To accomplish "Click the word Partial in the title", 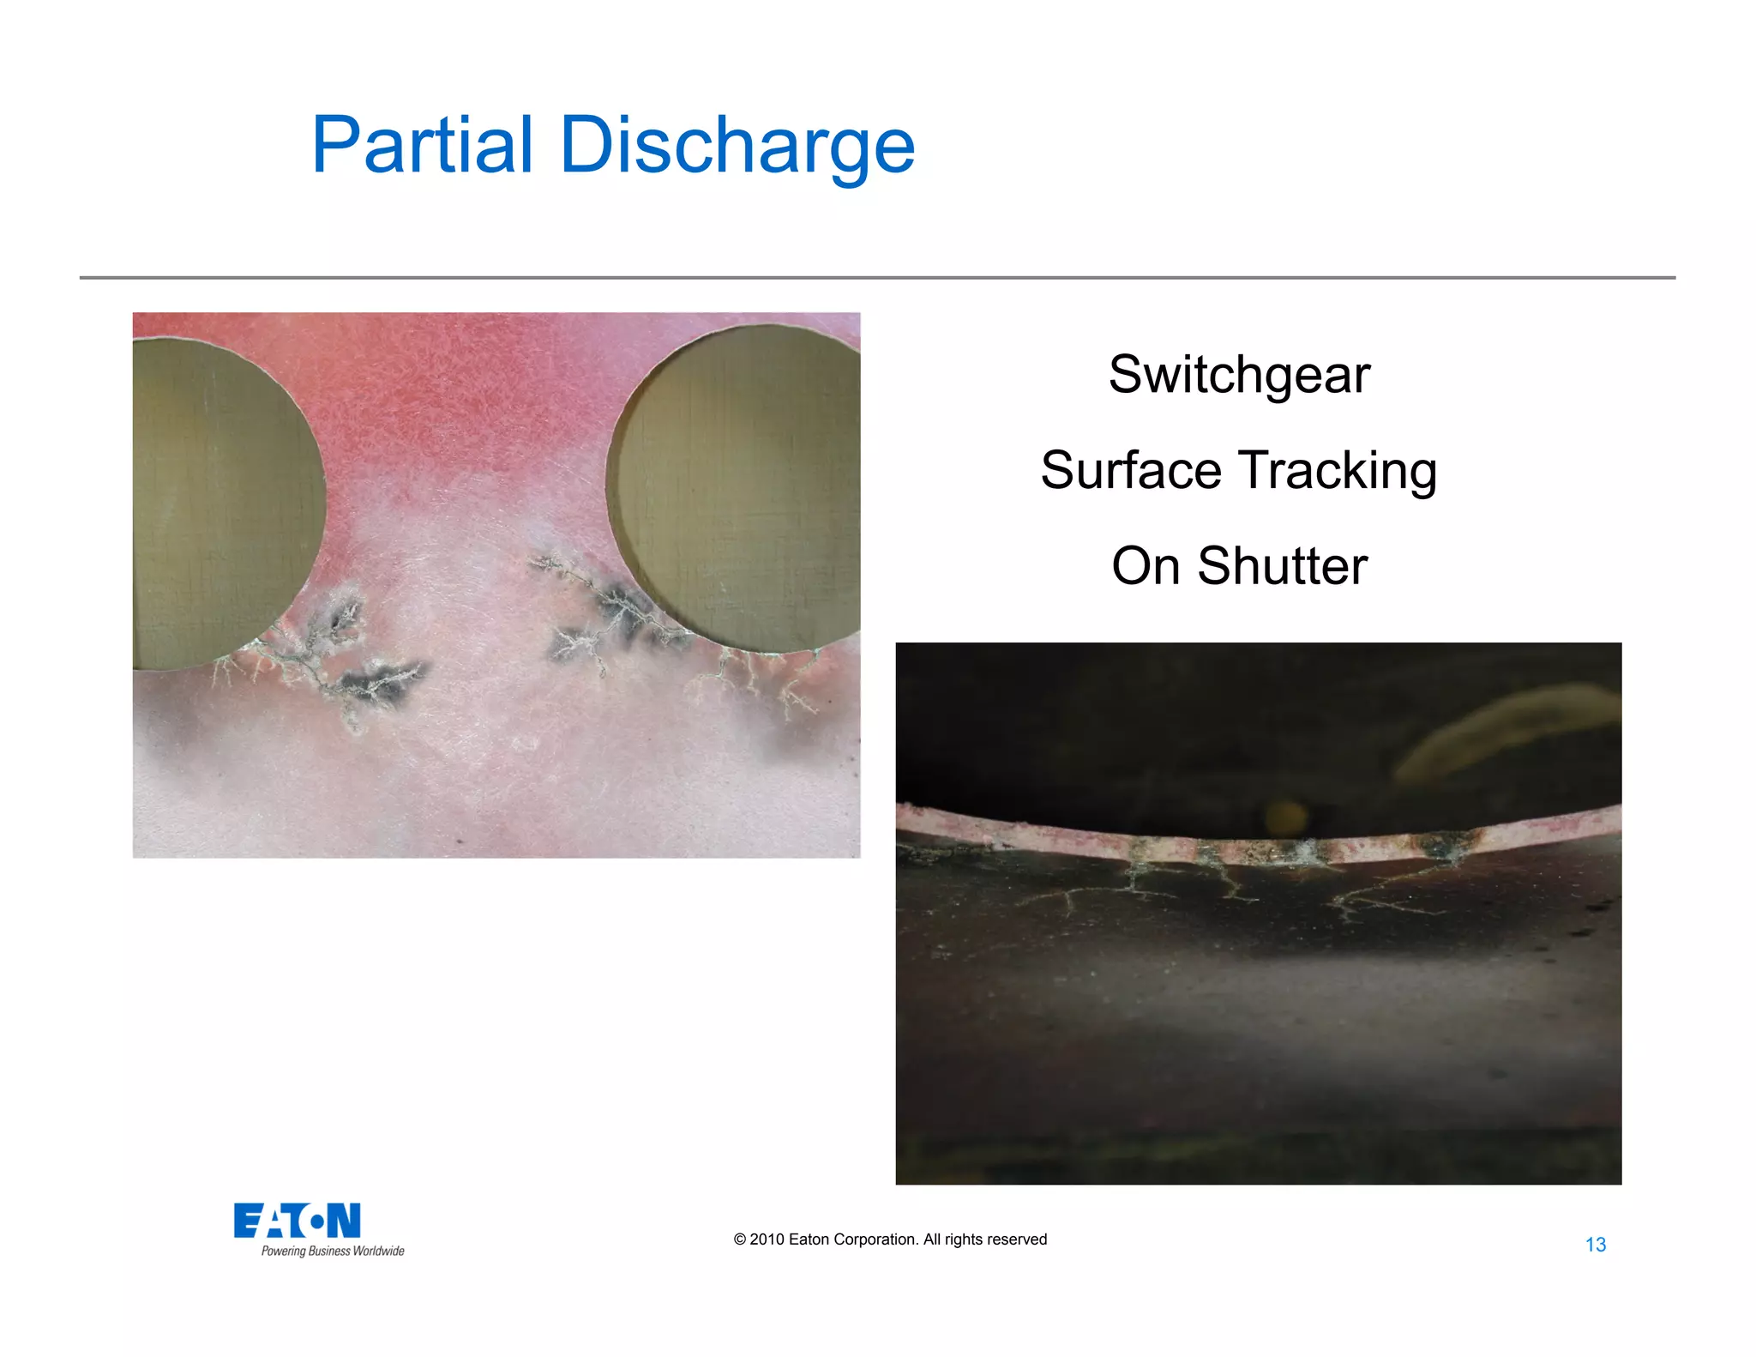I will (422, 145).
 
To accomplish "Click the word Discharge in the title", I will (737, 145).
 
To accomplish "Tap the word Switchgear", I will (1239, 376).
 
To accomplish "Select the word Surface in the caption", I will (1130, 470).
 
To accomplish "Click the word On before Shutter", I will (1146, 566).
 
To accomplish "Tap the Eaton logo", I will (297, 1220).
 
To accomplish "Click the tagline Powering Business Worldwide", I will (333, 1251).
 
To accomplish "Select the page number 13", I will (1595, 1245).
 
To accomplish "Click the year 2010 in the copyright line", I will (767, 1239).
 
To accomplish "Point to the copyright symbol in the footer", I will (740, 1239).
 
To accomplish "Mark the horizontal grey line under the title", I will (877, 277).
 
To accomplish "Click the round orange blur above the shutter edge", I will (1284, 815).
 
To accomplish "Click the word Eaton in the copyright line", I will (809, 1239).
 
